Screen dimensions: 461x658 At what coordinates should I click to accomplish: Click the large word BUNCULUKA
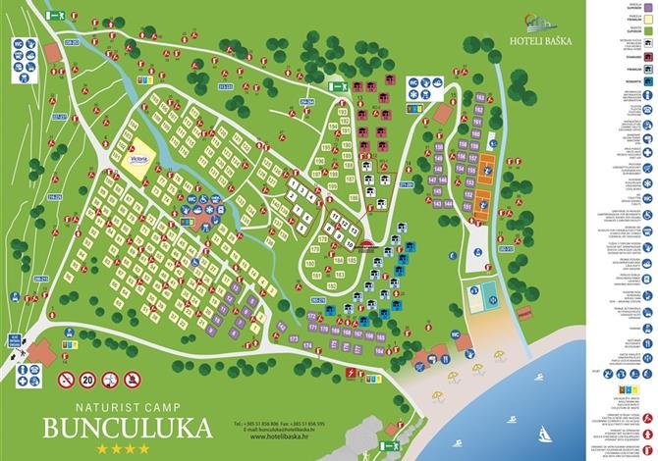(x=128, y=428)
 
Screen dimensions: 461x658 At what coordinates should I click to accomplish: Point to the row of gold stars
(x=123, y=449)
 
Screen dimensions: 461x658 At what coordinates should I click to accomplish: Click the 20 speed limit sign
(x=86, y=379)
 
